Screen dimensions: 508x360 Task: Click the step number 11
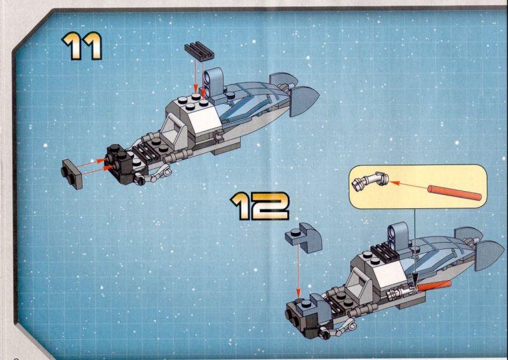click(x=82, y=46)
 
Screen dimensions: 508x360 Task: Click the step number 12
click(x=260, y=206)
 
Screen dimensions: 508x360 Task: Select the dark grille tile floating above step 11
click(x=199, y=51)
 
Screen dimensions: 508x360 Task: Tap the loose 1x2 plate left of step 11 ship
click(x=72, y=174)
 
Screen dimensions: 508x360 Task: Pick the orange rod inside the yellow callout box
click(x=455, y=193)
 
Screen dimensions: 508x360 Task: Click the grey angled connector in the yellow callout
click(x=370, y=181)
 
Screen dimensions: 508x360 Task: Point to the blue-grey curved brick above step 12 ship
click(x=304, y=237)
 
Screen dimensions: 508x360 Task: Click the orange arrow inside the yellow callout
click(x=408, y=185)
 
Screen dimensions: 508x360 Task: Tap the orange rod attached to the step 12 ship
click(x=434, y=286)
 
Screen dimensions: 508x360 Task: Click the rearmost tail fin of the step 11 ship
click(x=304, y=101)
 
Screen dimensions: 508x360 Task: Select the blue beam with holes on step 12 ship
click(x=398, y=237)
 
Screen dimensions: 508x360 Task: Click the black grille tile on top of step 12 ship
click(x=385, y=252)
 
